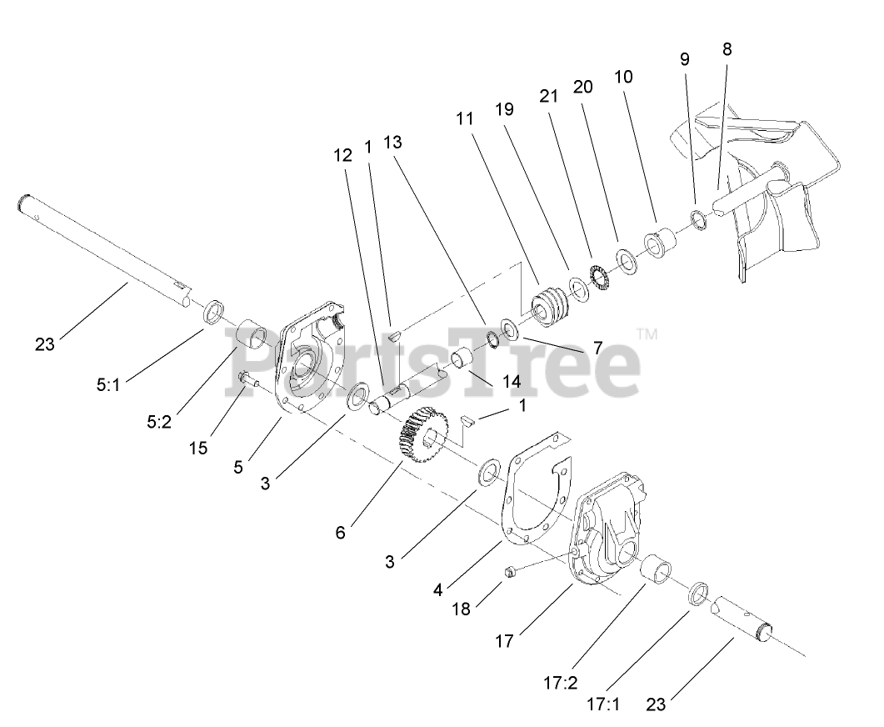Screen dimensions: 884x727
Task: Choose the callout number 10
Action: pos(623,77)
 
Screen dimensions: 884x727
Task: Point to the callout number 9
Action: pos(684,59)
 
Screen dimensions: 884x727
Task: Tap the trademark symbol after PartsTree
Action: pos(647,334)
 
